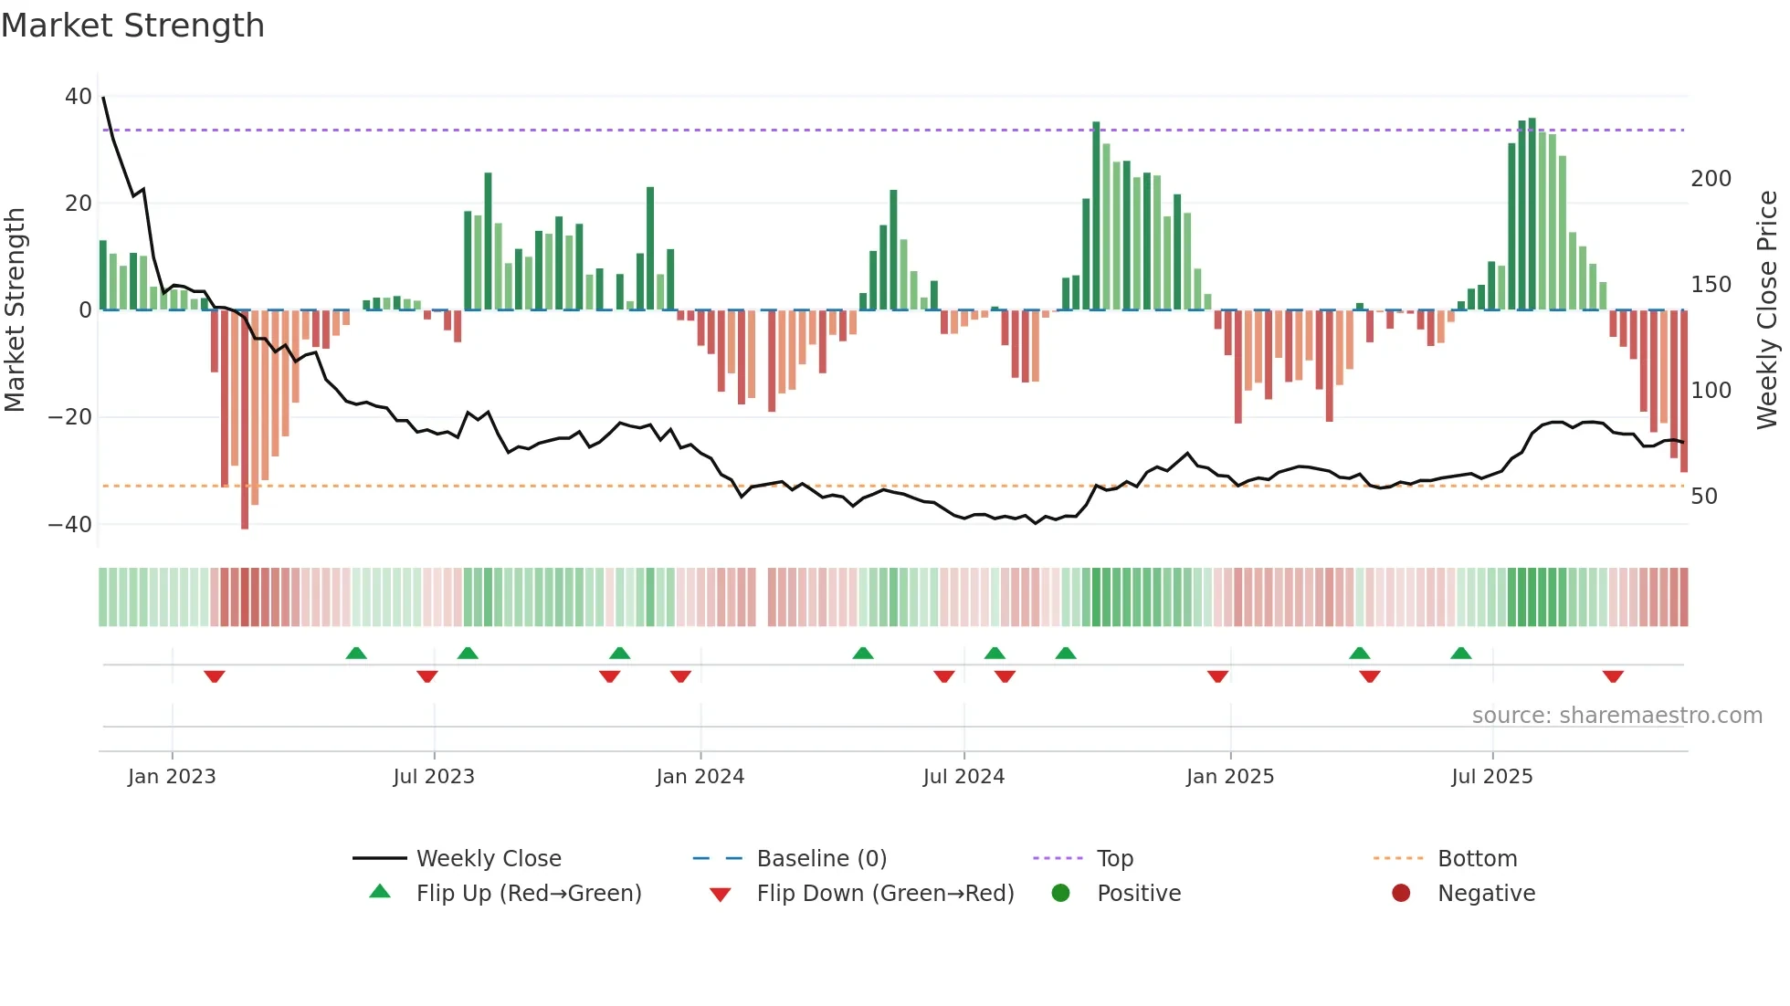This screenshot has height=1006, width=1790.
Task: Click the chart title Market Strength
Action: pyautogui.click(x=132, y=26)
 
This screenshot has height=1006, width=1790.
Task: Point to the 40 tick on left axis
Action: pyautogui.click(x=79, y=97)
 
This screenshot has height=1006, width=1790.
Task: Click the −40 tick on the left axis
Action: pyautogui.click(x=70, y=525)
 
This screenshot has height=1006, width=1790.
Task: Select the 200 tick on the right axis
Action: pyautogui.click(x=1711, y=179)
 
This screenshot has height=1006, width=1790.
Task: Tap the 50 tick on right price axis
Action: pyautogui.click(x=1704, y=497)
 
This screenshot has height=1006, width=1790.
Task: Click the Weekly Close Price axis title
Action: pyautogui.click(x=1767, y=310)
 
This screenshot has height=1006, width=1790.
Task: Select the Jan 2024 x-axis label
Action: pyautogui.click(x=700, y=777)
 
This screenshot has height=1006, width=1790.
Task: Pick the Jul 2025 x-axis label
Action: pyautogui.click(x=1491, y=777)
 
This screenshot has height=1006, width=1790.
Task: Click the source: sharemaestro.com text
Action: pyautogui.click(x=1616, y=716)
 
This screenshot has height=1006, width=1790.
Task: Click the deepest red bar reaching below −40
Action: pyautogui.click(x=245, y=420)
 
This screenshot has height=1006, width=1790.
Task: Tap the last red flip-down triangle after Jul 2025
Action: pyautogui.click(x=1613, y=676)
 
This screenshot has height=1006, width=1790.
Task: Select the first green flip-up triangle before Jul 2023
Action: pyautogui.click(x=356, y=653)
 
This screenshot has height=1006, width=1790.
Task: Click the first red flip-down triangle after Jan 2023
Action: pyautogui.click(x=215, y=676)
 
